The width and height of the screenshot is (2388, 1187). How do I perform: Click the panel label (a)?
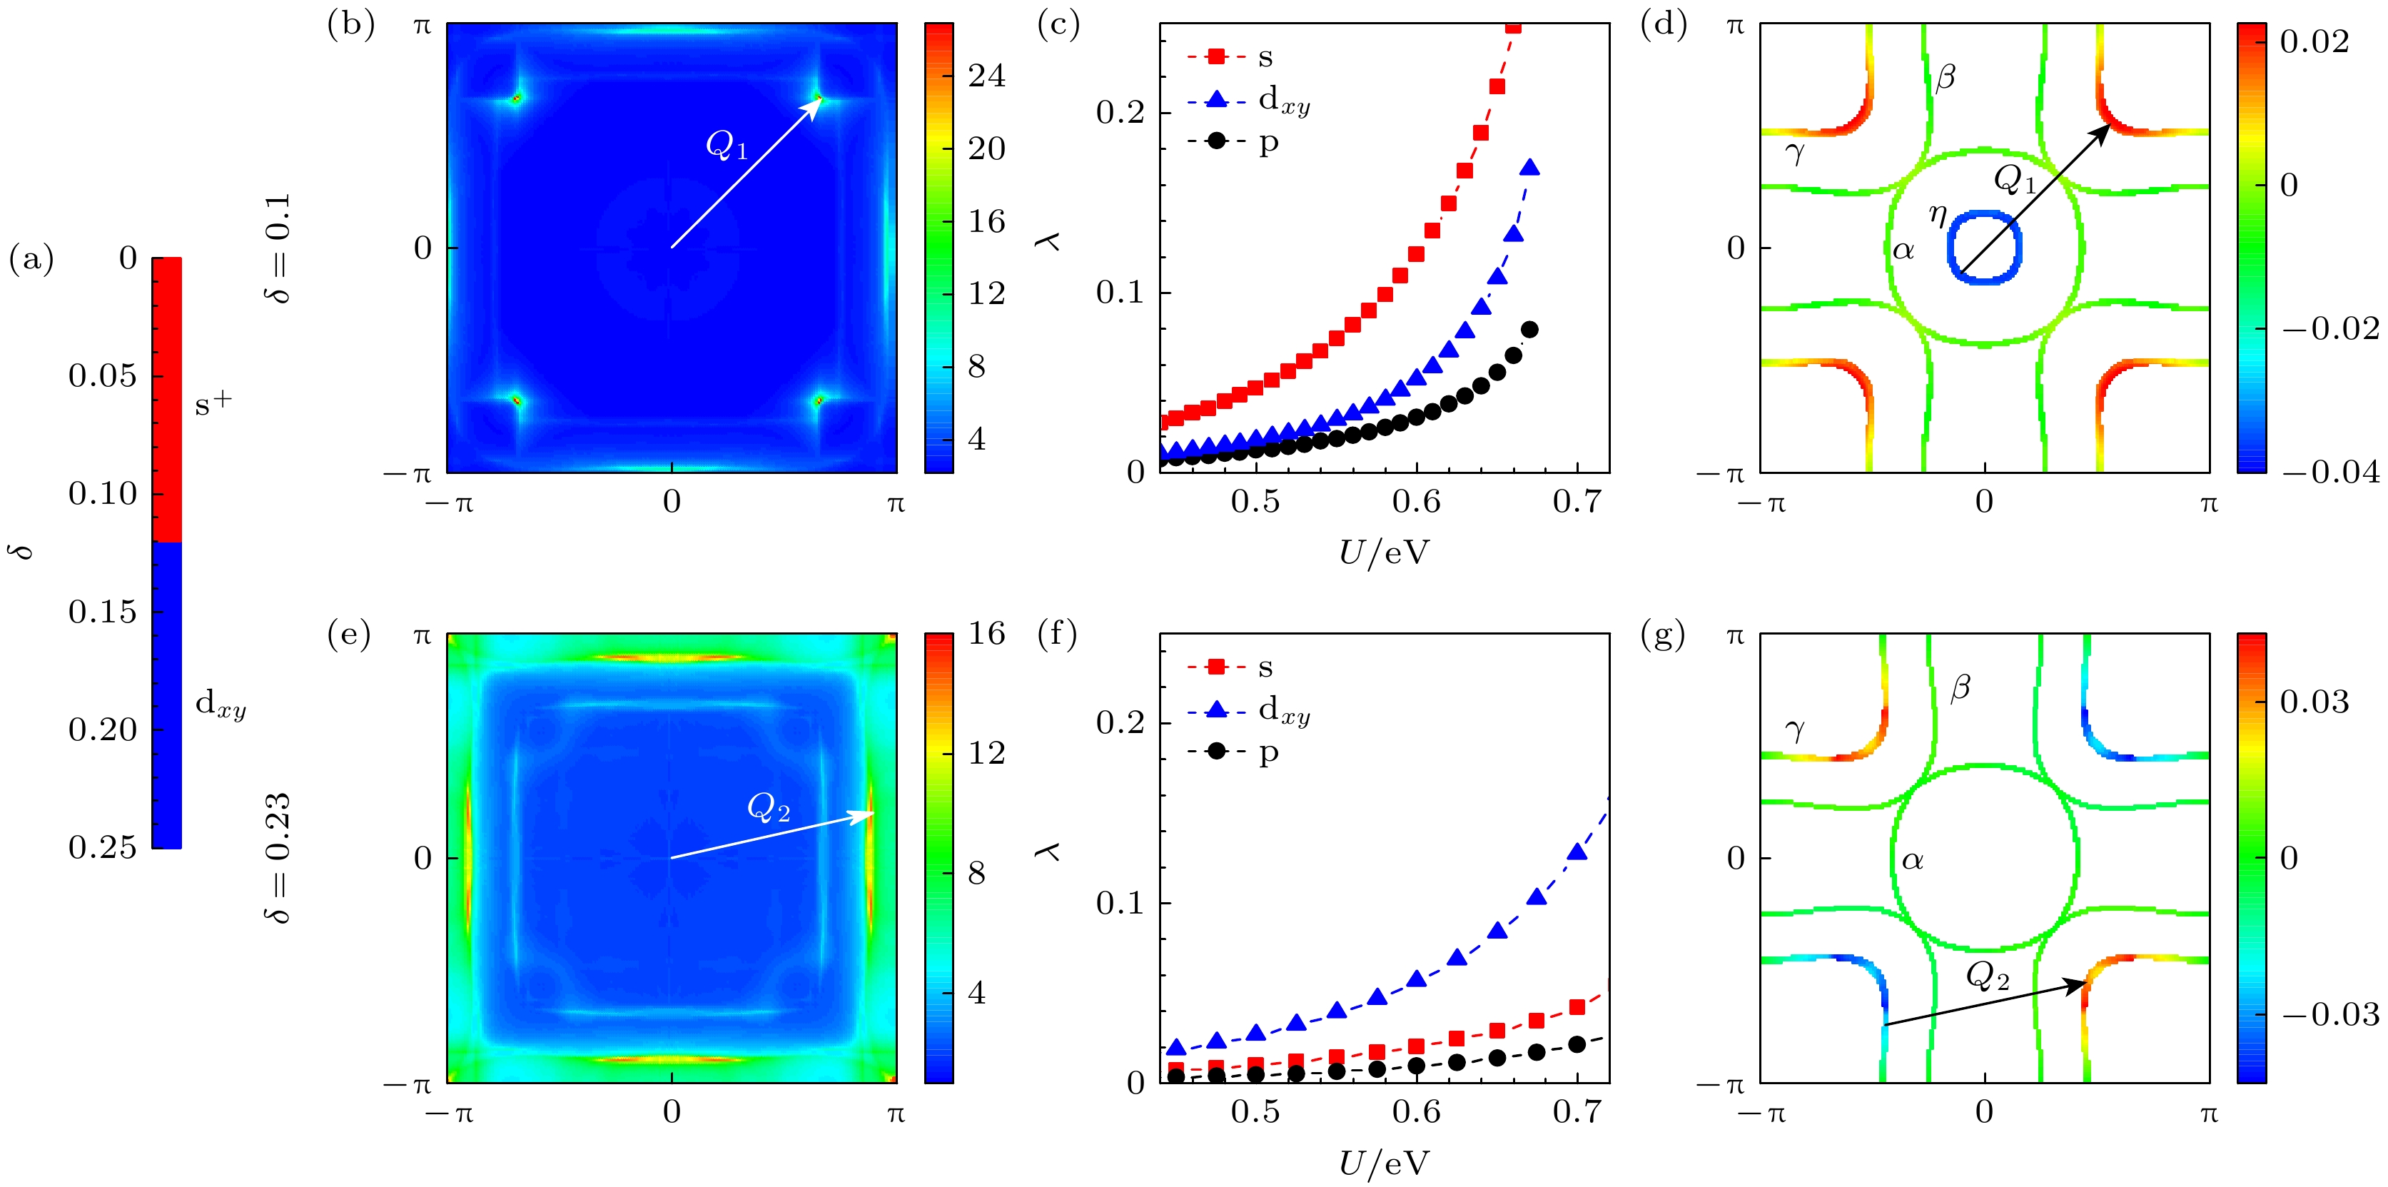31,258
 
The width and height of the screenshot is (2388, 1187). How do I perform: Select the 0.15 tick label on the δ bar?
102,612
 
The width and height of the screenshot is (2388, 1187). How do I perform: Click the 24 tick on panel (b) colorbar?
986,76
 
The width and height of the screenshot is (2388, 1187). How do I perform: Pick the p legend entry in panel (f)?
1268,752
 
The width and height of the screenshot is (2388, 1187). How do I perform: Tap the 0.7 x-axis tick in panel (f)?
1576,1112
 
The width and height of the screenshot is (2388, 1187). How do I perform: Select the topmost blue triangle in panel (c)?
1529,168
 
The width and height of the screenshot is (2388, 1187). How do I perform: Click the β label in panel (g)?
1960,688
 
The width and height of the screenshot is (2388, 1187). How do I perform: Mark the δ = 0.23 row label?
277,858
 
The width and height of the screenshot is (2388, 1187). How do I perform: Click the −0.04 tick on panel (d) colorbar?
2329,472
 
